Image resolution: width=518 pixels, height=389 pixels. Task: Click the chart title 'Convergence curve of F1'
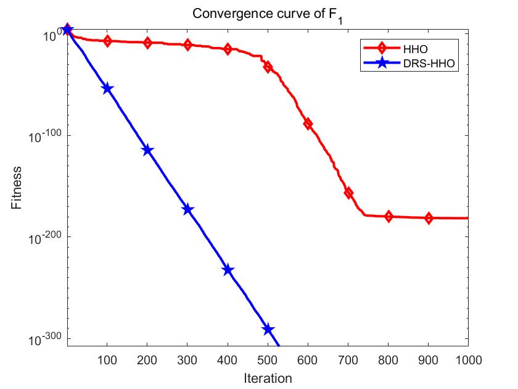[267, 14]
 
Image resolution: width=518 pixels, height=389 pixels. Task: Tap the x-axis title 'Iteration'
[267, 377]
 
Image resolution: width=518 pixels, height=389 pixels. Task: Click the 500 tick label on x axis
[268, 359]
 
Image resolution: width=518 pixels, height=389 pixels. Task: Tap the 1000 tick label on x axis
[466, 359]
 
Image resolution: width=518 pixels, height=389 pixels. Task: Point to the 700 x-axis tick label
[348, 359]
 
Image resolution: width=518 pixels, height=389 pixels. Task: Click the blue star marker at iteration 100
[107, 89]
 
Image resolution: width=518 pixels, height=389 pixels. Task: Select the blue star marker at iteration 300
[187, 210]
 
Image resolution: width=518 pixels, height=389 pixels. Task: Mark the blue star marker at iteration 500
[268, 330]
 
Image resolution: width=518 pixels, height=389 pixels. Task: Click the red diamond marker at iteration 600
[308, 124]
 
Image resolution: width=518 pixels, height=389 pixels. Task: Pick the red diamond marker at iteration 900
[429, 218]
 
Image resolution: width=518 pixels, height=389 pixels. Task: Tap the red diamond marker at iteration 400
[228, 49]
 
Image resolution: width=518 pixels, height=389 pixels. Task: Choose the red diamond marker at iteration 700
[348, 193]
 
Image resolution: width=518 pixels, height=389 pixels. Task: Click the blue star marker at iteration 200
[147, 150]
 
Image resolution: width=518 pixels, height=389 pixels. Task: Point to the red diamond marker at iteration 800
[388, 216]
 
